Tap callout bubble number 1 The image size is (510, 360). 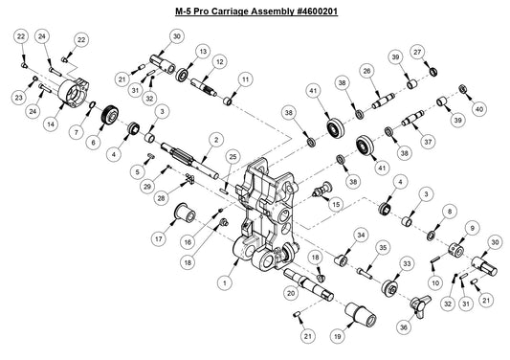224,283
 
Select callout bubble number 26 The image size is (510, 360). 366,72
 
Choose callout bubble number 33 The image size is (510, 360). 407,261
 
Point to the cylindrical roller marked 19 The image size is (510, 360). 361,311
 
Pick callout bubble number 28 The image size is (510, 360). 163,197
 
